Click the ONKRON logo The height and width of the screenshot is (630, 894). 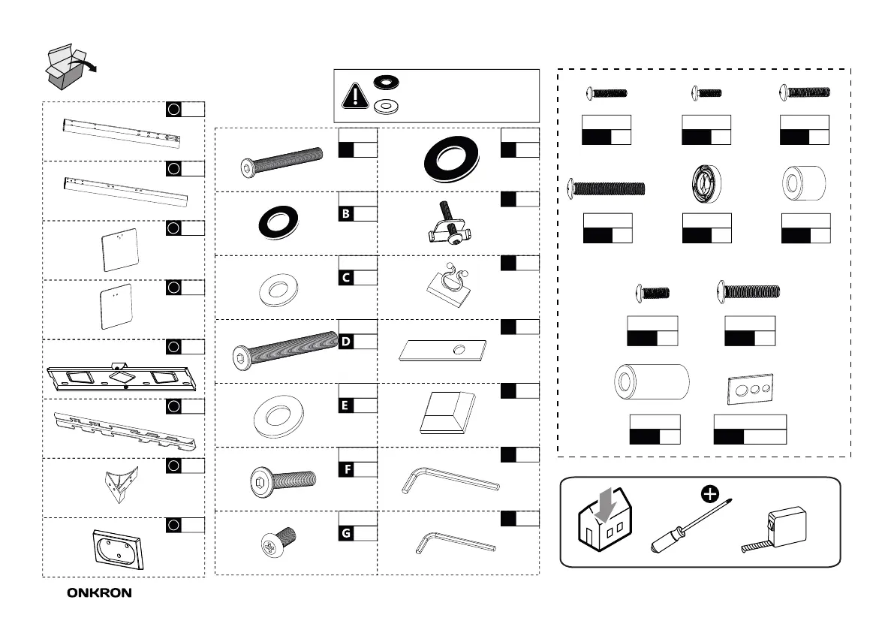(x=99, y=592)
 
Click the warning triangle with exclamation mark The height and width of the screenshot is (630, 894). (x=353, y=96)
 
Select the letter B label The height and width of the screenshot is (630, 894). (x=346, y=214)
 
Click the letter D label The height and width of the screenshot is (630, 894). (x=346, y=342)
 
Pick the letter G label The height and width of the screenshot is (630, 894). (x=346, y=533)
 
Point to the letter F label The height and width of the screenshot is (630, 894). (x=346, y=470)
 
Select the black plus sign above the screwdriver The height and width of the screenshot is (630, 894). (x=707, y=494)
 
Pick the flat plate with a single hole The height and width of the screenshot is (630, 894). (x=443, y=349)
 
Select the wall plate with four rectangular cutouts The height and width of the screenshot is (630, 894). (x=123, y=375)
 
